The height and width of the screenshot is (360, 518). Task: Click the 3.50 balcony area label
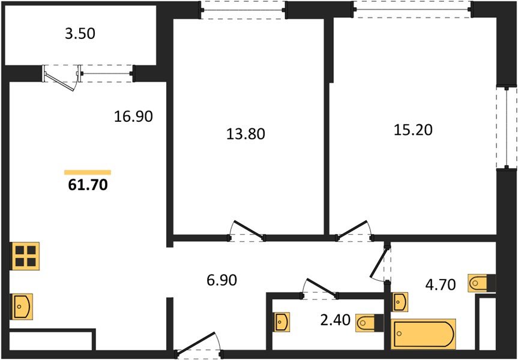tap(80, 34)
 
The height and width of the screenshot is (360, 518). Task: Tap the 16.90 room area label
tap(134, 116)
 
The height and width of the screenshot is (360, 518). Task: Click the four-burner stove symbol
tap(25, 256)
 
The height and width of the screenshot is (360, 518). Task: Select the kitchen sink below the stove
tap(22, 307)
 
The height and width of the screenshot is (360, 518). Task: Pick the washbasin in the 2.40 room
tap(282, 322)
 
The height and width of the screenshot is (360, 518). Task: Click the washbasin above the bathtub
tap(400, 301)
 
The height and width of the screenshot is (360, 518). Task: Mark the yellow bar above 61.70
tap(88, 172)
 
